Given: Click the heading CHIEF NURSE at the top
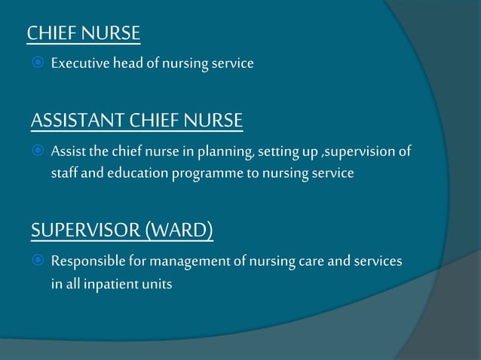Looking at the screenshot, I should pyautogui.click(x=84, y=33).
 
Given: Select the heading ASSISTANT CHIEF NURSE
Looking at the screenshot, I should pyautogui.click(x=137, y=121).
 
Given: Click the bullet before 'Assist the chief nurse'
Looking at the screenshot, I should pyautogui.click(x=37, y=151).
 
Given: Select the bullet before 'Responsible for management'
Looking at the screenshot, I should pyautogui.click(x=37, y=261).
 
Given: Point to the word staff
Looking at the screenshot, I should pyautogui.click(x=64, y=174).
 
